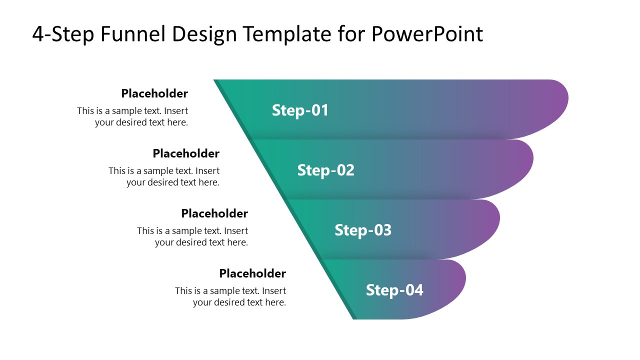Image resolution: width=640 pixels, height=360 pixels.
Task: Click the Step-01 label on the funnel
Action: click(300, 110)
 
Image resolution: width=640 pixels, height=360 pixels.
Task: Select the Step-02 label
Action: click(325, 170)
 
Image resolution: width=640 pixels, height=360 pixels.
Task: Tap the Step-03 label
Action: click(363, 230)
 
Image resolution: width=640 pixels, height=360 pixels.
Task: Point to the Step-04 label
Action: click(394, 290)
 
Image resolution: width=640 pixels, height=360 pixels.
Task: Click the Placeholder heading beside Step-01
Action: click(154, 93)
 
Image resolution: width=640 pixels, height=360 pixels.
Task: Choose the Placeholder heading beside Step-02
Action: click(186, 153)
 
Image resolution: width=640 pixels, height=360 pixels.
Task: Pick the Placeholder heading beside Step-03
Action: click(214, 213)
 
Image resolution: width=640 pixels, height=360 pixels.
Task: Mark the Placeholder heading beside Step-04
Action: click(252, 273)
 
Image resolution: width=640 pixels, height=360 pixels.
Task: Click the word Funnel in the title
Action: click(132, 34)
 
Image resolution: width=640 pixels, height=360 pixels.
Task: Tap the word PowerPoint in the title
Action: click(427, 34)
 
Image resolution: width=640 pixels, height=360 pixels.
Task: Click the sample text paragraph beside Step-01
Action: click(132, 116)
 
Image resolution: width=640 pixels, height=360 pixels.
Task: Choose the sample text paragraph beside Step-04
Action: click(230, 296)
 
